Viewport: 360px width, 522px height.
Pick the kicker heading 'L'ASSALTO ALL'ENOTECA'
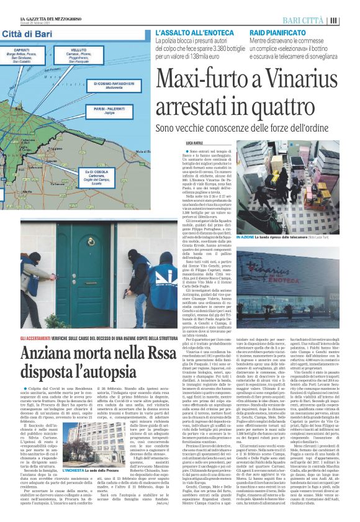coord(192,31)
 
